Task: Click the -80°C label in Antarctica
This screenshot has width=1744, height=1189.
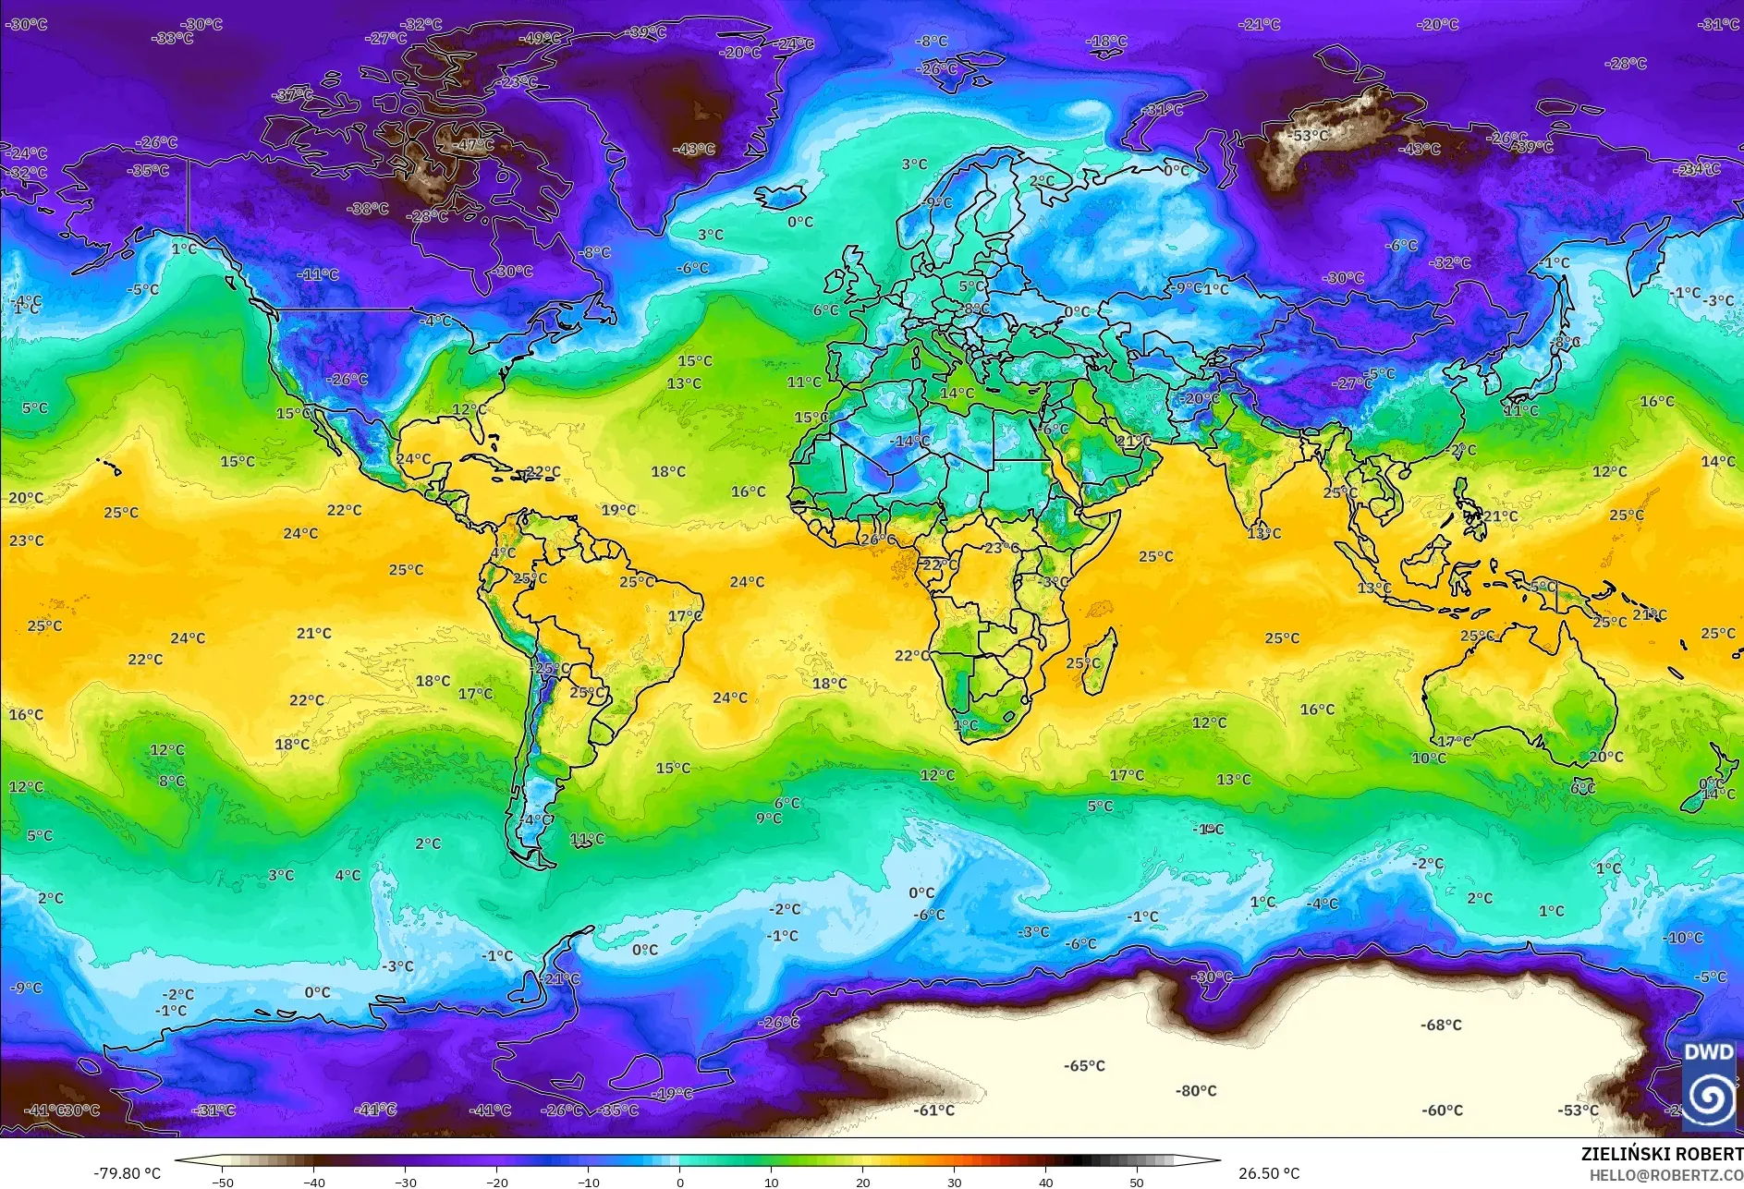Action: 1195,1091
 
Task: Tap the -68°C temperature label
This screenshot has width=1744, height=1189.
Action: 1441,1025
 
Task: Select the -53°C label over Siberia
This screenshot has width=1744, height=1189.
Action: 1309,136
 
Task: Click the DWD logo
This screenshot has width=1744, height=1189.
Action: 1708,1085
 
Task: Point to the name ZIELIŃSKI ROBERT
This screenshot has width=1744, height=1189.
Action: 1661,1154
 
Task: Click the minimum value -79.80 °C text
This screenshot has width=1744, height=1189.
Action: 128,1173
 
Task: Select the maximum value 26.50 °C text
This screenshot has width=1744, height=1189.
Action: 1269,1173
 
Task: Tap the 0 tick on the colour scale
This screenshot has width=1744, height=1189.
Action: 679,1182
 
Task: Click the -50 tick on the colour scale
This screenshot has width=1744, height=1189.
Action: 223,1182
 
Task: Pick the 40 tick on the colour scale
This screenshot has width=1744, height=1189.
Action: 1045,1182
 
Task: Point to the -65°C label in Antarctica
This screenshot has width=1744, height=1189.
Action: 1084,1065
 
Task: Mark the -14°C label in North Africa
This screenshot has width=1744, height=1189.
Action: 909,442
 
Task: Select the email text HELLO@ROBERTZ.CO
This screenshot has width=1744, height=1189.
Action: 1665,1175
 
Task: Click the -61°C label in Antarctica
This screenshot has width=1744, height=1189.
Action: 933,1110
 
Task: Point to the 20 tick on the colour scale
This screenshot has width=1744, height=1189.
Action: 862,1182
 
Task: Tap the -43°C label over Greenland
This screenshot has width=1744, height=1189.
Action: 693,149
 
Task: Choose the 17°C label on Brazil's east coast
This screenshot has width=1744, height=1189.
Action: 685,616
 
